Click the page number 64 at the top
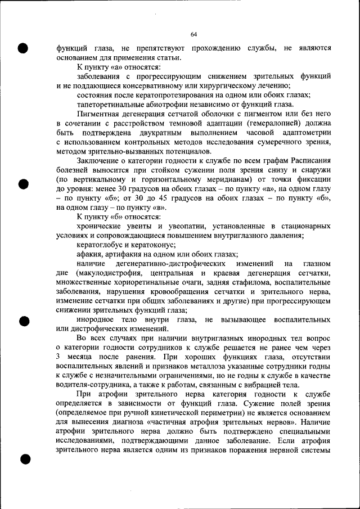[x=193, y=34]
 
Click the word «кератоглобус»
[x=102, y=245]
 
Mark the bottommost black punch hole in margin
[x=23, y=460]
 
